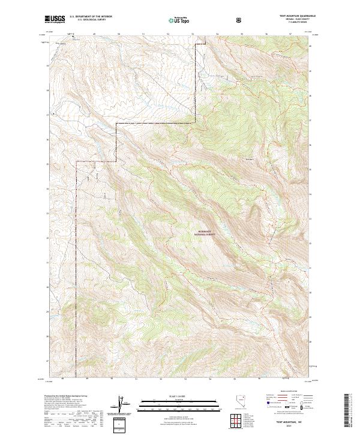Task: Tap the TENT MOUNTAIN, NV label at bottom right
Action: click(x=292, y=422)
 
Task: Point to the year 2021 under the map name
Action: click(x=292, y=427)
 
